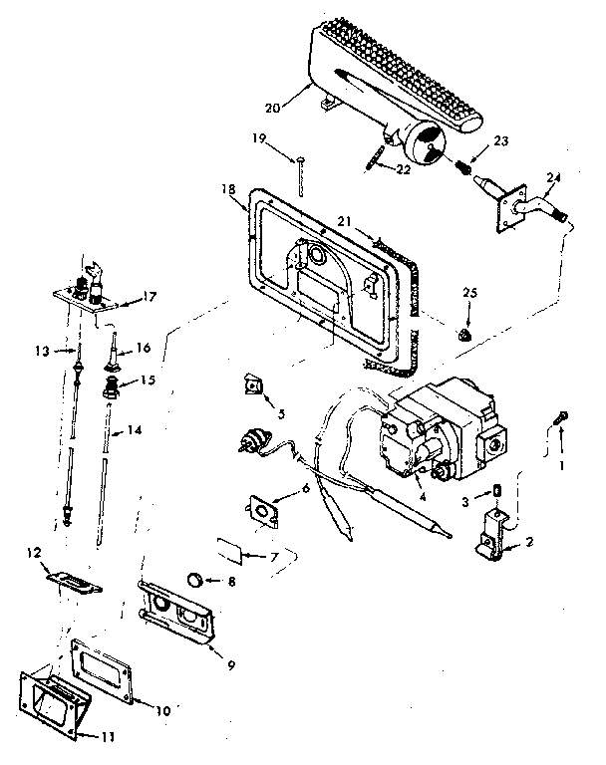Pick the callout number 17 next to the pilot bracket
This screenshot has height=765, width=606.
[x=151, y=296]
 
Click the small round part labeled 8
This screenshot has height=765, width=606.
[x=197, y=578]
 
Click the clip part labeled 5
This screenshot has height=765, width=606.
[x=252, y=384]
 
